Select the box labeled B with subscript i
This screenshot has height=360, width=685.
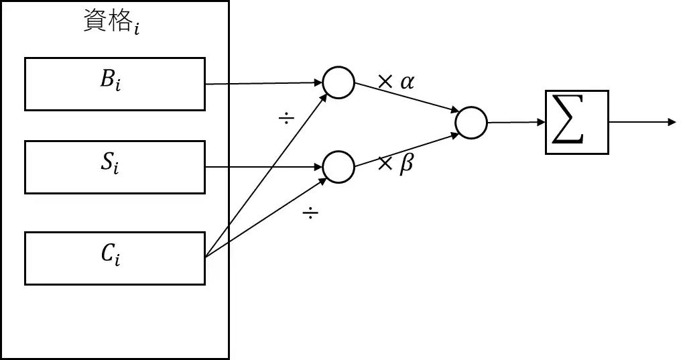115,84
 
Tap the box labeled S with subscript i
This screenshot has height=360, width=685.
115,167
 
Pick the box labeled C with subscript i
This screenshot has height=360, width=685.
115,258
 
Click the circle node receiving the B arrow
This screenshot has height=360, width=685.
338,82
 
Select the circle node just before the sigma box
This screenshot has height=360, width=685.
471,123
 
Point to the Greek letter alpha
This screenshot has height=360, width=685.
407,82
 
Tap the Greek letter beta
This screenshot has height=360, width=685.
406,165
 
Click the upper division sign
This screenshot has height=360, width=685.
286,119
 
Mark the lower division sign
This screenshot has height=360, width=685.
310,215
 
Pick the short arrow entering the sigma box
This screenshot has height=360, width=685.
515,123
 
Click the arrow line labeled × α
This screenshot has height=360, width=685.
405,97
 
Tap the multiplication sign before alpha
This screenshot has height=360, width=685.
385,82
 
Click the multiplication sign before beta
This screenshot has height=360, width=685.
385,165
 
